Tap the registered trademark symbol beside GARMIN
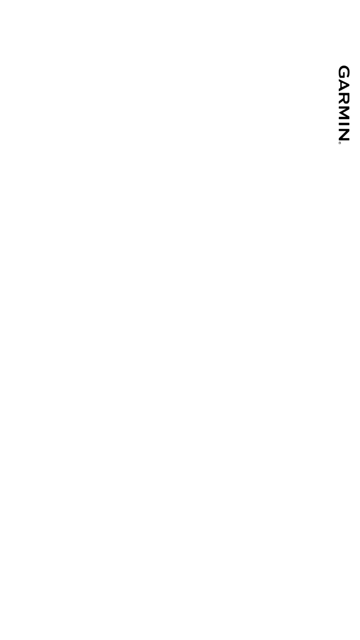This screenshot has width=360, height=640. tap(340, 143)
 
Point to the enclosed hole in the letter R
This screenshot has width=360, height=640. tap(346, 98)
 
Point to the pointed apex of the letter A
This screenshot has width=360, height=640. tap(349, 85)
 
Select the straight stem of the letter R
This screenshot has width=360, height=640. tap(344, 94)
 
